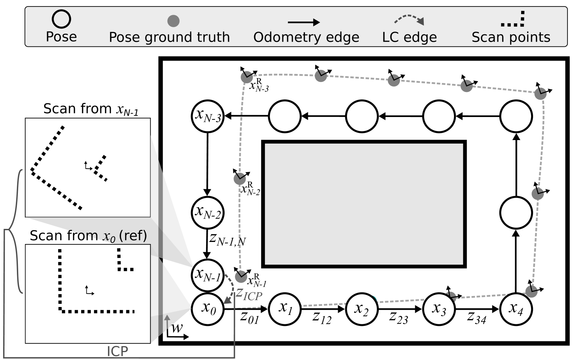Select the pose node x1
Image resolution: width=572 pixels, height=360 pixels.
tap(285, 308)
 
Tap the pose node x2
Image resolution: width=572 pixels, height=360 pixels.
tap(362, 309)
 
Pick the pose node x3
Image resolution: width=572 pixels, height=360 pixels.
tap(439, 309)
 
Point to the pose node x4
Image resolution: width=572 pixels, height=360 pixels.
tap(516, 309)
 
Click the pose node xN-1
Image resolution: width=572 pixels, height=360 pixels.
tap(208, 275)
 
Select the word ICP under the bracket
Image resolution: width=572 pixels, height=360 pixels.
tap(117, 351)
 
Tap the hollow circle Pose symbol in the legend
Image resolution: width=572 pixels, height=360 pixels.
tap(61, 19)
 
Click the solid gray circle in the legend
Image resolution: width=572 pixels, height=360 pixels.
tap(173, 21)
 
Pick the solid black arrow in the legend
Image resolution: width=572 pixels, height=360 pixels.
tap(304, 23)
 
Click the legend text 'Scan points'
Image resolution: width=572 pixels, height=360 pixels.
tap(511, 37)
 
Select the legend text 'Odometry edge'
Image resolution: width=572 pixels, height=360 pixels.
tap(306, 37)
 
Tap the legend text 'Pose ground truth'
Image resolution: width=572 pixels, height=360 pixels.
tap(169, 37)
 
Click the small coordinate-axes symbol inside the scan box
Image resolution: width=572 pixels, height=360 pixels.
tap(89, 291)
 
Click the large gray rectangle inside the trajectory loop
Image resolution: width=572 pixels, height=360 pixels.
tap(364, 204)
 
